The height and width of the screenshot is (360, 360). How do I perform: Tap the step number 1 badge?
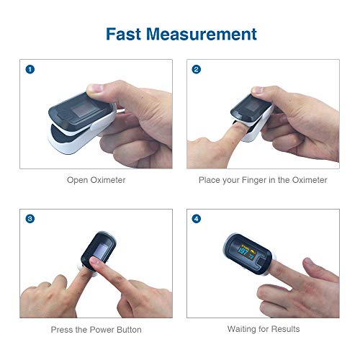tap(30, 70)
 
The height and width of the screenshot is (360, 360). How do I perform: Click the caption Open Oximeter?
tap(96, 180)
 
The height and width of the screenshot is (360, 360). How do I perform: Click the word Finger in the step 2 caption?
tap(257, 180)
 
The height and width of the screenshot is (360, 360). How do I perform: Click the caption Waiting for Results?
tap(264, 330)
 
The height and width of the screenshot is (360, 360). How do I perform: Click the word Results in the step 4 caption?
tap(285, 330)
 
